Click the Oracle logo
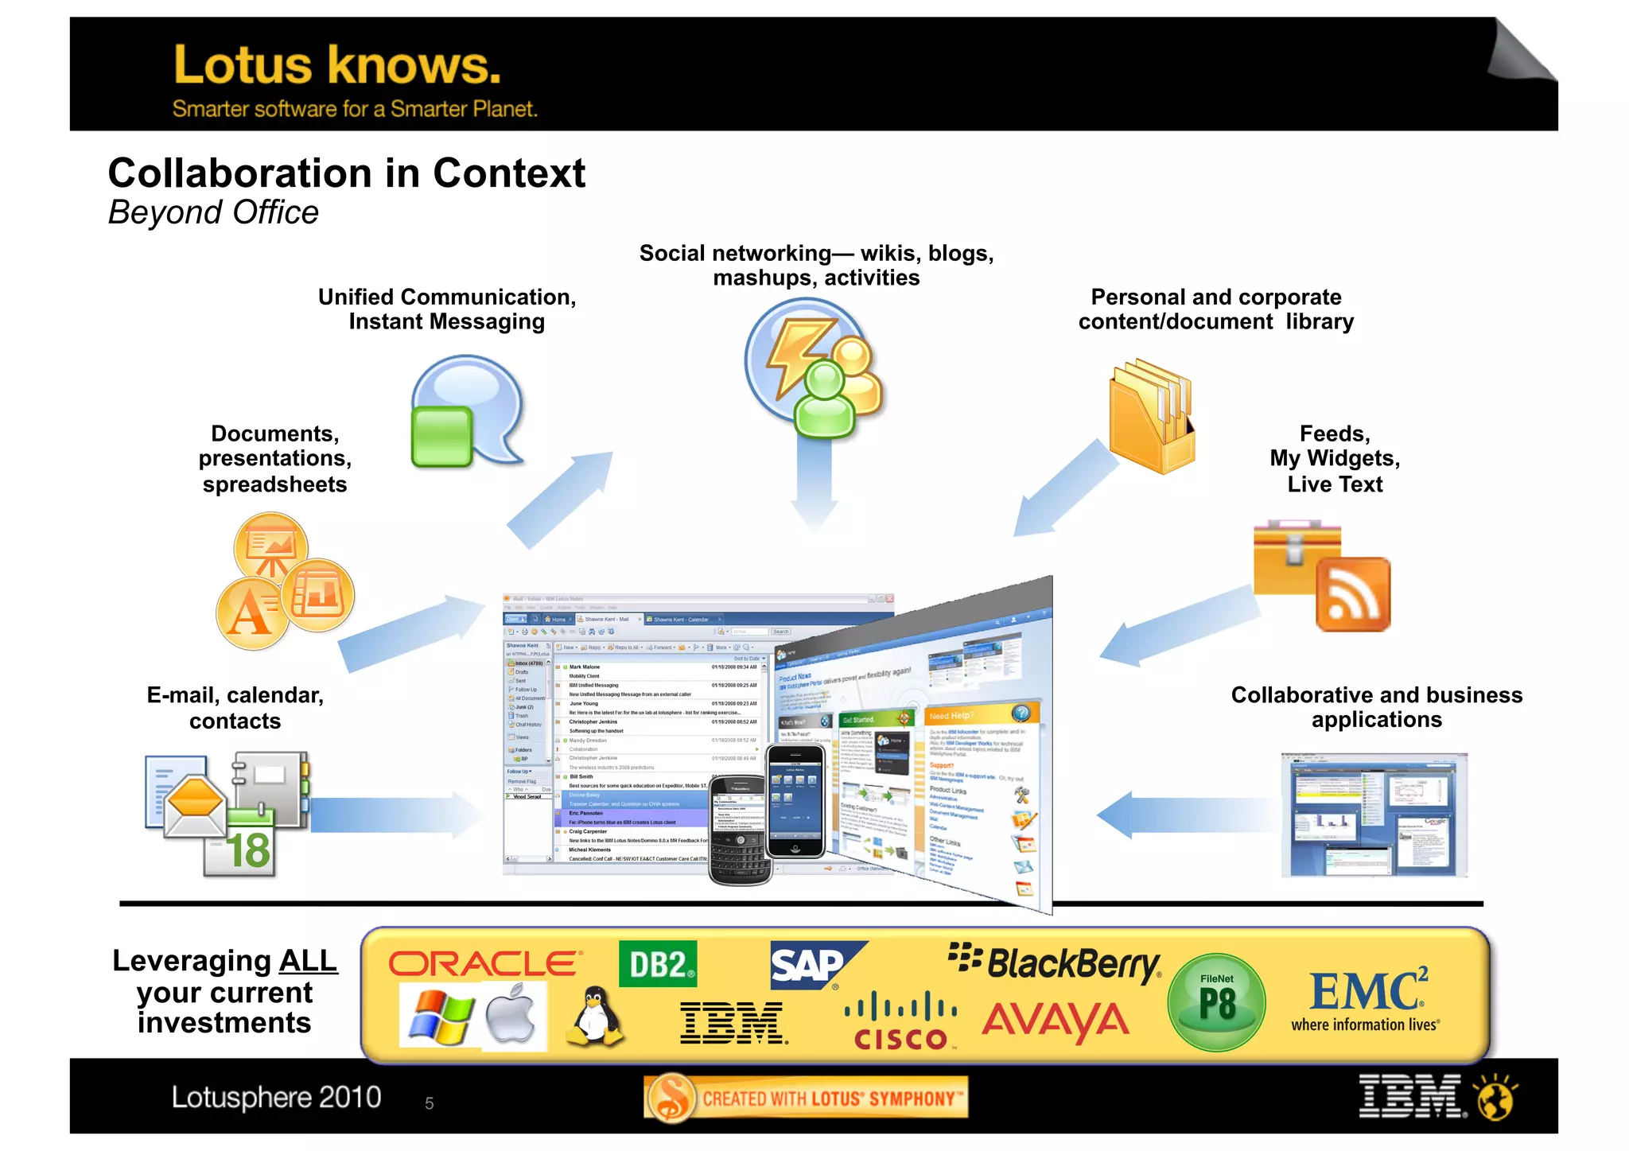tap(484, 964)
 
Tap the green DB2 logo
tap(658, 964)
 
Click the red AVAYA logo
tap(1056, 1021)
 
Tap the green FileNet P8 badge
tap(1216, 1002)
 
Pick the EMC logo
tap(1367, 999)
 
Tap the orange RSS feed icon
tap(1353, 594)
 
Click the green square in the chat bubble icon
tap(441, 436)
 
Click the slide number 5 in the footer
tap(430, 1103)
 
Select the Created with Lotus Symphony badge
tap(806, 1099)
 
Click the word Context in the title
tap(509, 173)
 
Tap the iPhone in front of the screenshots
tap(795, 801)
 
